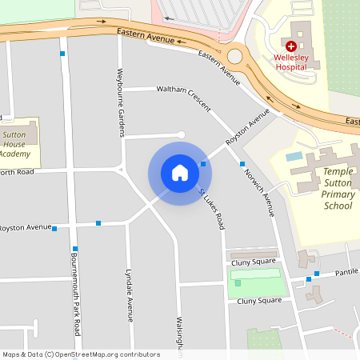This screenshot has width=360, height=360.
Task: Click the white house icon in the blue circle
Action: [x=180, y=173]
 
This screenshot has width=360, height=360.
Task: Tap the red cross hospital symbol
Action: [x=291, y=48]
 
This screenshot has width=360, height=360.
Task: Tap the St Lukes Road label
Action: [x=211, y=210]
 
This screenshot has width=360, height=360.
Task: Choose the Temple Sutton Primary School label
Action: [x=326, y=189]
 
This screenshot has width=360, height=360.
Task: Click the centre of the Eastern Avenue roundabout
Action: [x=235, y=56]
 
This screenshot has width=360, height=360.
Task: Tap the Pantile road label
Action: [x=346, y=273]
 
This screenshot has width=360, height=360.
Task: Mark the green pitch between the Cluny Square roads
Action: [x=256, y=283]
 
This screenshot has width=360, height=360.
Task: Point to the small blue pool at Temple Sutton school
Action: [x=294, y=156]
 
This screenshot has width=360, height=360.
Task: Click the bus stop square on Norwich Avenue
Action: [x=242, y=164]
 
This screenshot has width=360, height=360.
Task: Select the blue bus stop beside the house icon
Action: [x=203, y=164]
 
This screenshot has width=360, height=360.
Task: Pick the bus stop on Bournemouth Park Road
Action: [x=75, y=249]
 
